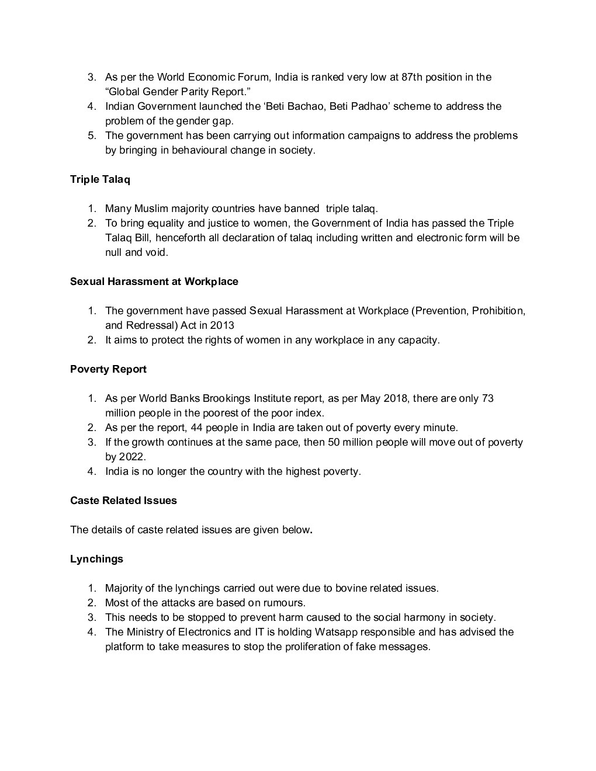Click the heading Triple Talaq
(x=100, y=179)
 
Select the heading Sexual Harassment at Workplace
(x=154, y=282)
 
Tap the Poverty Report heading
(x=108, y=369)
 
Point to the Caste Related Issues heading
(x=123, y=501)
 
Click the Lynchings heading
(x=96, y=559)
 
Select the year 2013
(x=222, y=325)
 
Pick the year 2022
(x=132, y=457)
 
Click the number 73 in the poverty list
(x=487, y=398)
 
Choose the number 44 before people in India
(x=196, y=428)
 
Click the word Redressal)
(x=151, y=325)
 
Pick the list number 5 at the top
(x=92, y=136)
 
